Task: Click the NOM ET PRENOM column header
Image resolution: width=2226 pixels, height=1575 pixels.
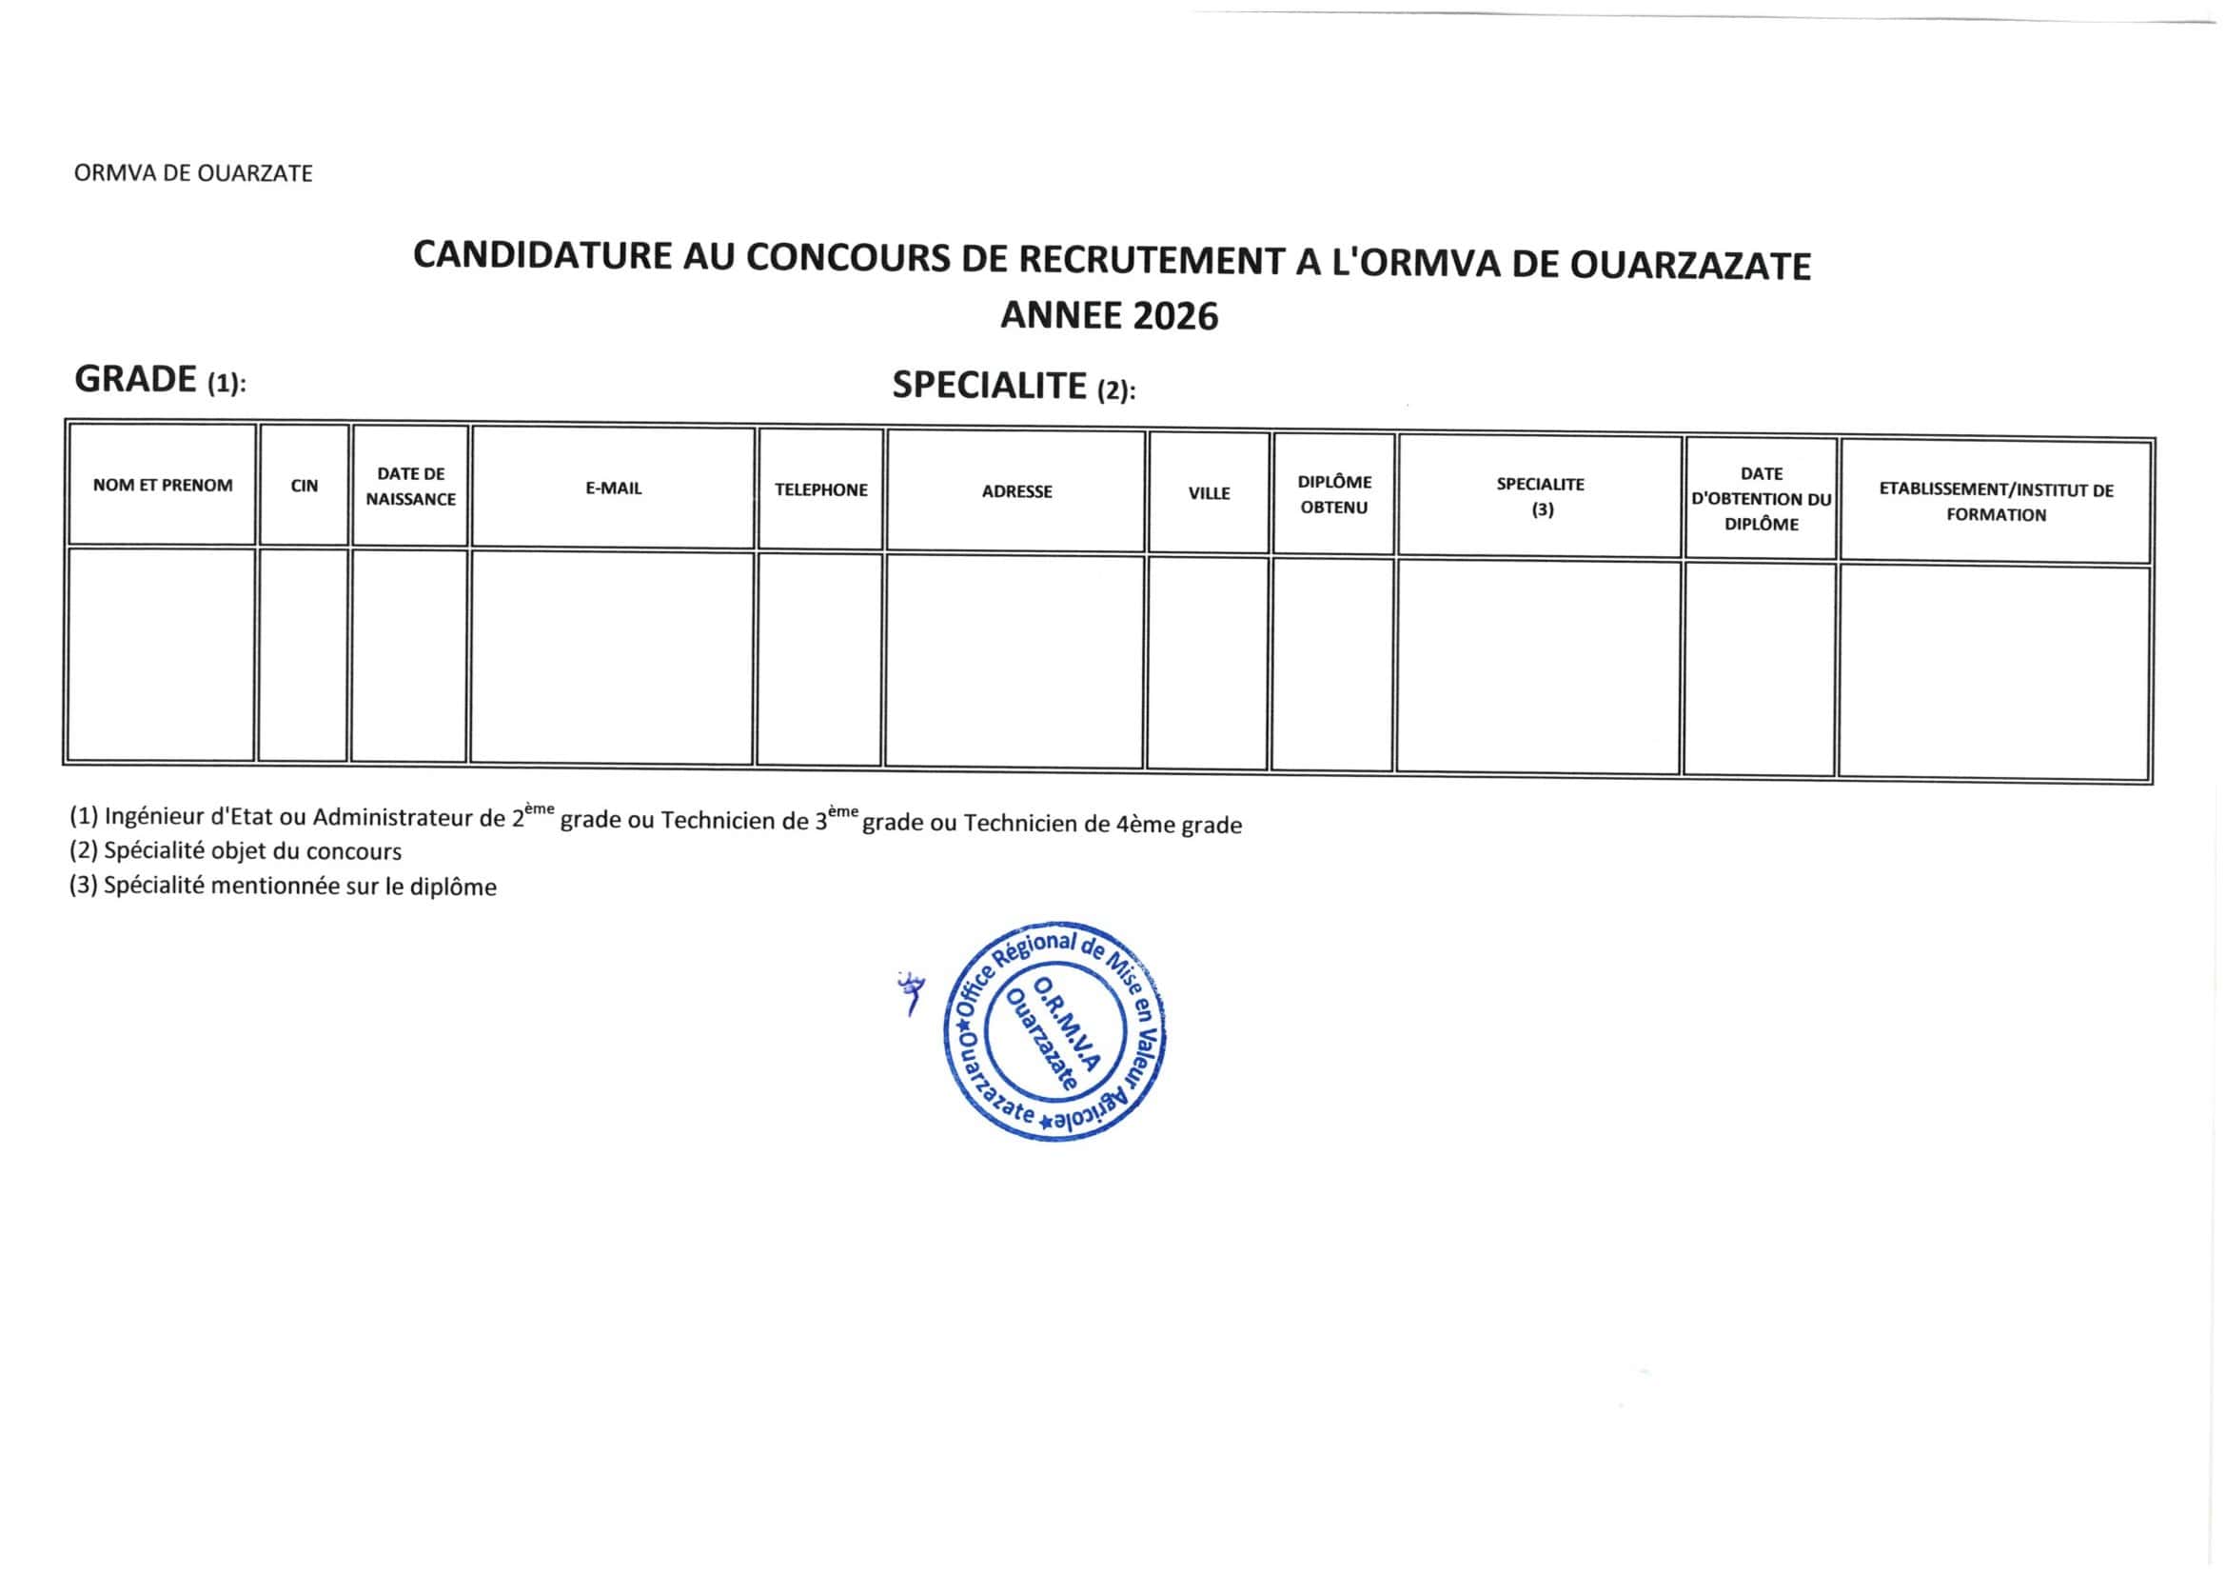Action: [163, 485]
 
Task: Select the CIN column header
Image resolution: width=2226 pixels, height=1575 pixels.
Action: [305, 486]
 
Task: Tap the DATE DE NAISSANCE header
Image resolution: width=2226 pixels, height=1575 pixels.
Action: [411, 487]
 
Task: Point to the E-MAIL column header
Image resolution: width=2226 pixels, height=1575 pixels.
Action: [614, 488]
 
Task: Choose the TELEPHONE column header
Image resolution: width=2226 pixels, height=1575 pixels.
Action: [820, 490]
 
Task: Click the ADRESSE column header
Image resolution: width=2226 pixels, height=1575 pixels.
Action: [1016, 491]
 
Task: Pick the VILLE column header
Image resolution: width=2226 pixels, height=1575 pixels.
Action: [1209, 493]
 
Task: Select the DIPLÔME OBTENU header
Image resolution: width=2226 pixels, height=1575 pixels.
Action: [1334, 494]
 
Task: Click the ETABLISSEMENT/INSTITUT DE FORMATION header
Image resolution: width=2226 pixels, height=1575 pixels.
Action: [1997, 503]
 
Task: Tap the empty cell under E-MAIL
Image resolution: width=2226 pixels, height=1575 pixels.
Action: [612, 658]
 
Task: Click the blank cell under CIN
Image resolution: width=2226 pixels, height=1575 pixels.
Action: [304, 654]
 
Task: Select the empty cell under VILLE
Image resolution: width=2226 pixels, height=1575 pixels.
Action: [1208, 664]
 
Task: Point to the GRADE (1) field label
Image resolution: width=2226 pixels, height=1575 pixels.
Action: [160, 380]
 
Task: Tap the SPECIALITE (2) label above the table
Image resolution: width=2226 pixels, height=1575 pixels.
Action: [1014, 387]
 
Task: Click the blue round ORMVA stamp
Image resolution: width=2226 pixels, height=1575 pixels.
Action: [1054, 1030]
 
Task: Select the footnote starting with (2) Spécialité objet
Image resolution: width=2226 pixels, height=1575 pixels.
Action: [235, 851]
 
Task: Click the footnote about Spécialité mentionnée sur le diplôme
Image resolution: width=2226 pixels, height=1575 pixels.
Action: [282, 887]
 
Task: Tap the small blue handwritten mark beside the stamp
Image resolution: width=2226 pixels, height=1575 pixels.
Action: [911, 994]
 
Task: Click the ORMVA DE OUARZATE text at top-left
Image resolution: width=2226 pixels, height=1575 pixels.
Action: [193, 173]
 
